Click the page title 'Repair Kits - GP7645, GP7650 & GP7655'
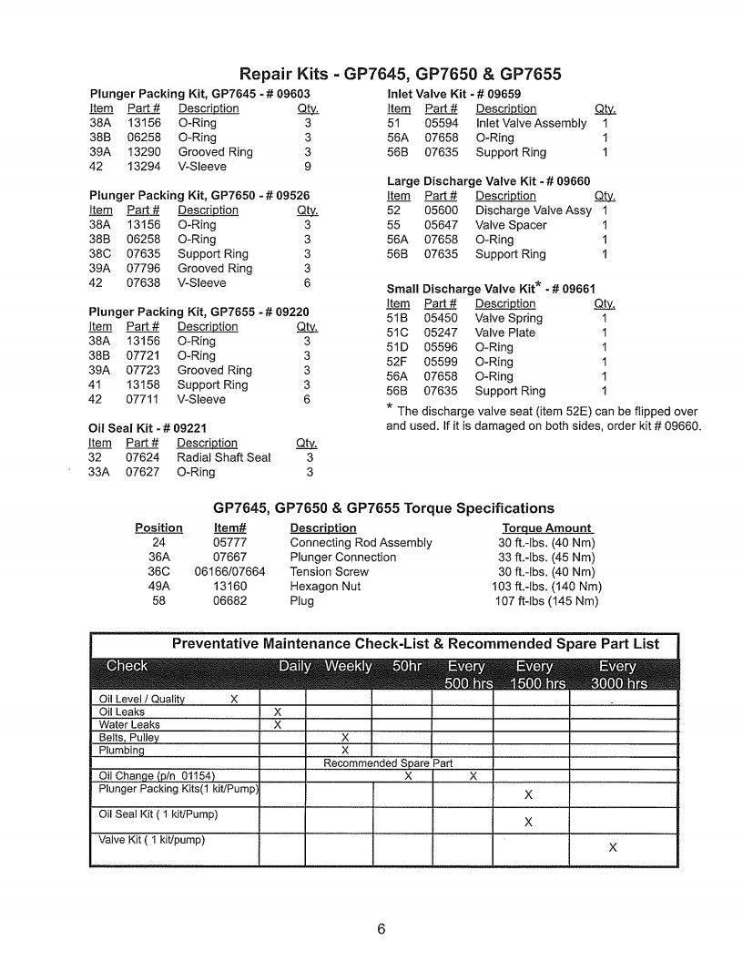tap(400, 74)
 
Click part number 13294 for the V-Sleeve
tap(143, 167)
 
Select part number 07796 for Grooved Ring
tap(143, 269)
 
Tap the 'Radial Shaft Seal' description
tap(223, 457)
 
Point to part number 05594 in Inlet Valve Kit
tap(442, 123)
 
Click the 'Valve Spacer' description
tap(511, 225)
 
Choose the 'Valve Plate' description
tap(505, 333)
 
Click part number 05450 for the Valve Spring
tap(442, 318)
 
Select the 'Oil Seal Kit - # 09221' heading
tap(148, 427)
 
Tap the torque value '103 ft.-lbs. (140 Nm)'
tap(546, 587)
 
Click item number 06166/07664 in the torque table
tap(229, 572)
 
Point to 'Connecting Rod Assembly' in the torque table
tap(361, 543)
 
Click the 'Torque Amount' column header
tap(547, 528)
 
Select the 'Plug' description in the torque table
tap(302, 601)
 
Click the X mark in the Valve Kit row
tap(612, 847)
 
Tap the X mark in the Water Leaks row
tap(278, 724)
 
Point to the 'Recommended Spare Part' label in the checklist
tap(388, 763)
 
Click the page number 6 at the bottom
tap(382, 929)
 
